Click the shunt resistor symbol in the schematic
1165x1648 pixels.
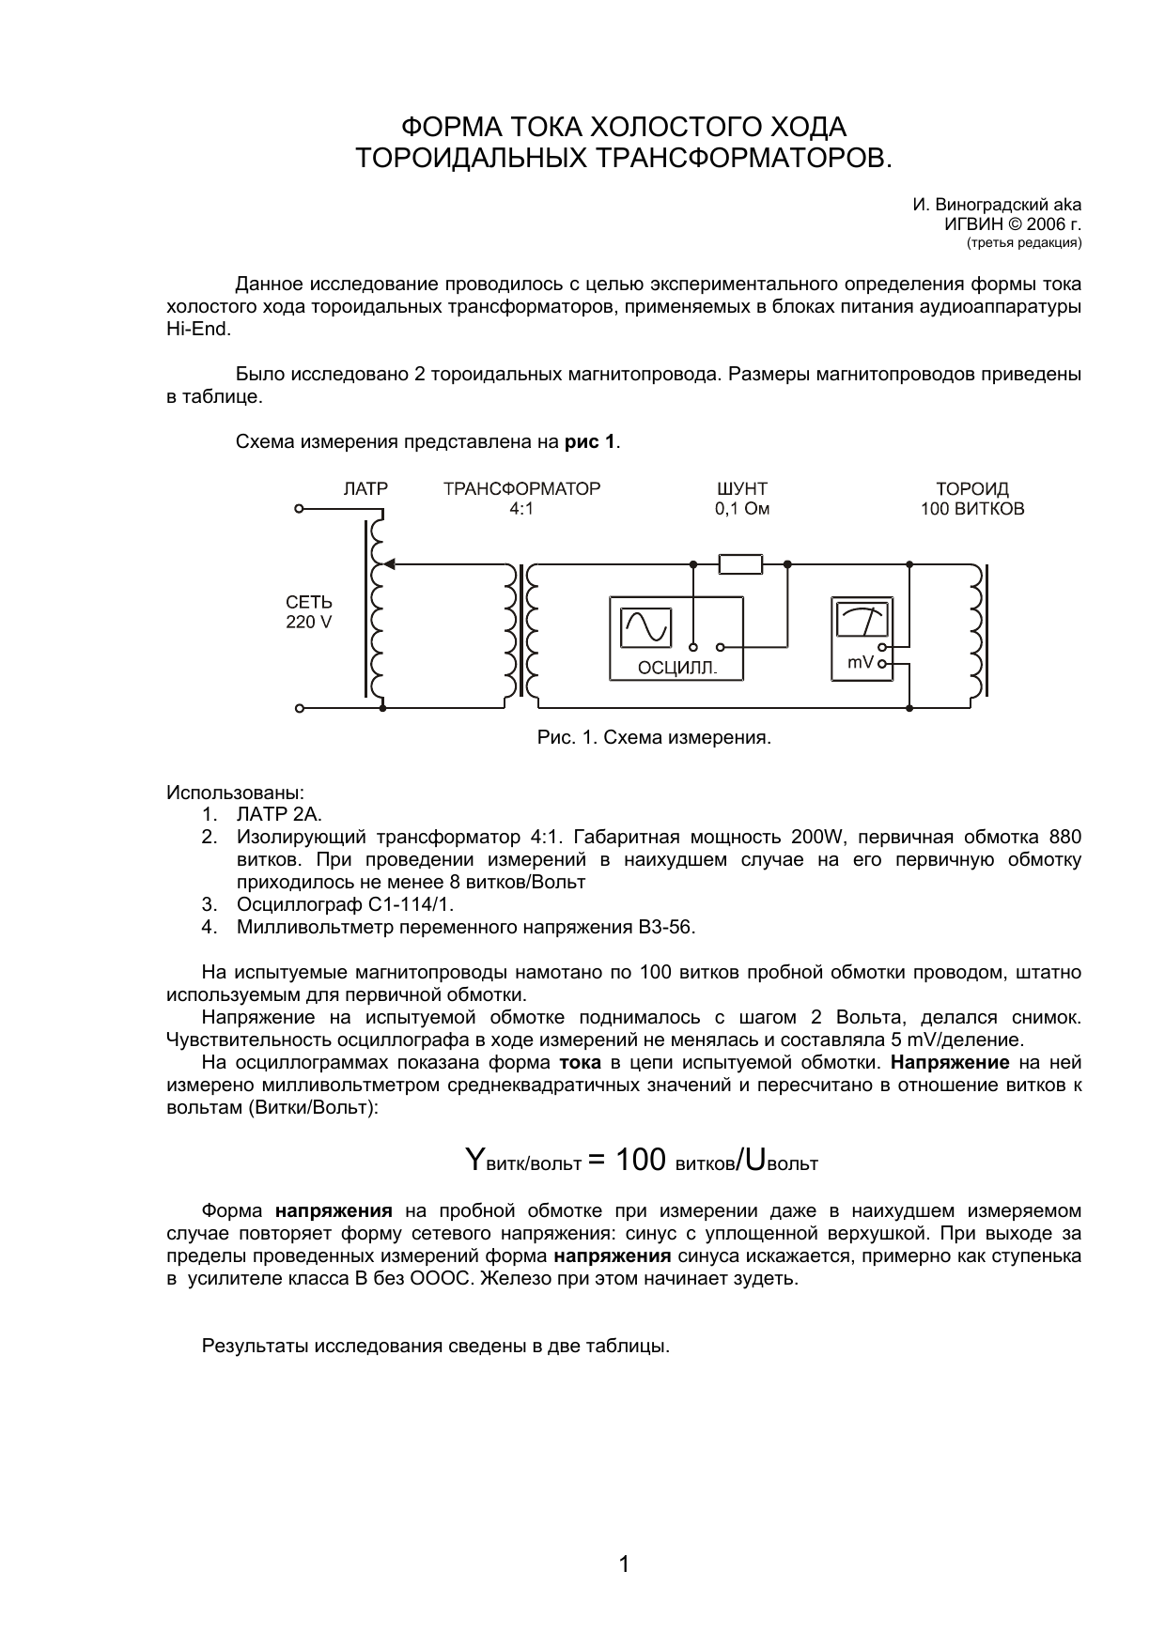740,563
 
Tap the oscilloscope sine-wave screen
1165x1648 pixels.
645,626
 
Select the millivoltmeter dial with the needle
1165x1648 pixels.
862,621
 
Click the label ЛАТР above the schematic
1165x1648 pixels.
365,489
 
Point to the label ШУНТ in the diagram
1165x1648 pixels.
741,489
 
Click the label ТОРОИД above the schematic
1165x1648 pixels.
972,489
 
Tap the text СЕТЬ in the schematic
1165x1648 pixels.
309,603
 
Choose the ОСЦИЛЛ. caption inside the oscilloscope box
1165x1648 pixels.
676,669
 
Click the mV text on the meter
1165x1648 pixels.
860,663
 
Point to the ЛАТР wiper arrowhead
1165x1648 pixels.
390,564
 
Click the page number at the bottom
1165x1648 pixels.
624,1564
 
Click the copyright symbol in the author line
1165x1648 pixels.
1013,224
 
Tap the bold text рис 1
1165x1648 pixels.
590,441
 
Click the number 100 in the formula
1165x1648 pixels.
641,1160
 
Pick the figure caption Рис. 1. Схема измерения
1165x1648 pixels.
654,737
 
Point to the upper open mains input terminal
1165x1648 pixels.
299,510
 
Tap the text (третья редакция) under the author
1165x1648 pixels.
1024,243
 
